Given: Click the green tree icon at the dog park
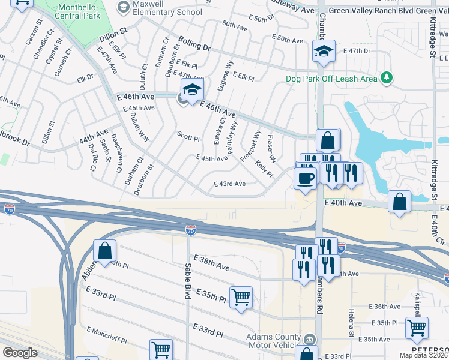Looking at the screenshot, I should point(387,78).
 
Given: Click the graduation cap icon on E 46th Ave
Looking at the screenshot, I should point(193,90).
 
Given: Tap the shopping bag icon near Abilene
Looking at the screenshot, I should point(104,251).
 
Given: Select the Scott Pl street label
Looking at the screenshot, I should point(188,137).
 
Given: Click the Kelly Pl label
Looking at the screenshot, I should point(264,169).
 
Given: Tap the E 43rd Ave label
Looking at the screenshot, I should point(230,184).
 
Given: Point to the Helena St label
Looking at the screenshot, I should point(351,321).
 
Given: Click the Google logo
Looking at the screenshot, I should point(20,353).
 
